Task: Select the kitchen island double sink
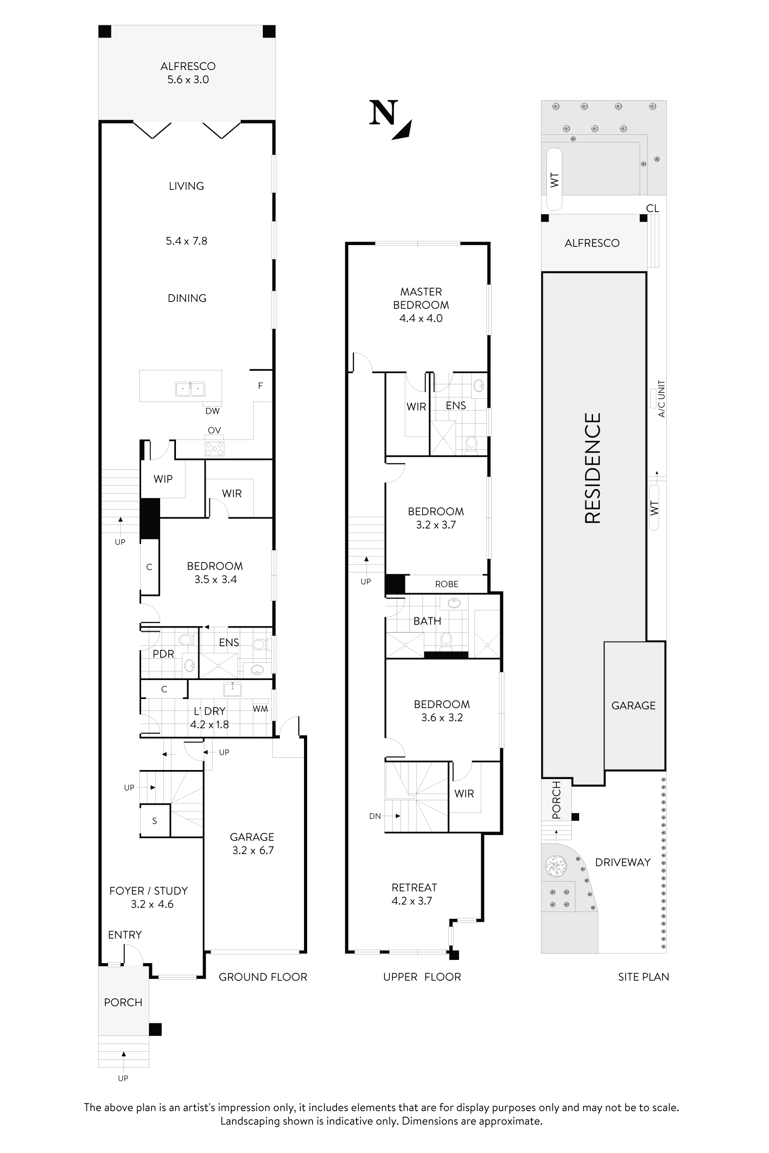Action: click(190, 389)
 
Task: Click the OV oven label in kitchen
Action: click(214, 430)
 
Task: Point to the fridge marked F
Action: click(261, 386)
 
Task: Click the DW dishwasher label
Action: click(212, 411)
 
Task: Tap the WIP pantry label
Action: click(163, 479)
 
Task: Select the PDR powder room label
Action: click(163, 654)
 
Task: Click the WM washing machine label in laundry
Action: click(261, 709)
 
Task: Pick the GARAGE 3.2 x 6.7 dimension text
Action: click(252, 850)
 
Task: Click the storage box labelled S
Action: click(155, 821)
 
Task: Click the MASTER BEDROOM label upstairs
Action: click(421, 298)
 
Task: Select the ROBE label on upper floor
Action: click(446, 584)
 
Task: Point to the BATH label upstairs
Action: click(427, 621)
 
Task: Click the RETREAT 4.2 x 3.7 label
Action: click(414, 893)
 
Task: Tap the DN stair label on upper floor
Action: click(375, 816)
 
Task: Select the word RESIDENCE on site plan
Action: click(593, 468)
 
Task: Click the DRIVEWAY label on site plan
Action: click(622, 862)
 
